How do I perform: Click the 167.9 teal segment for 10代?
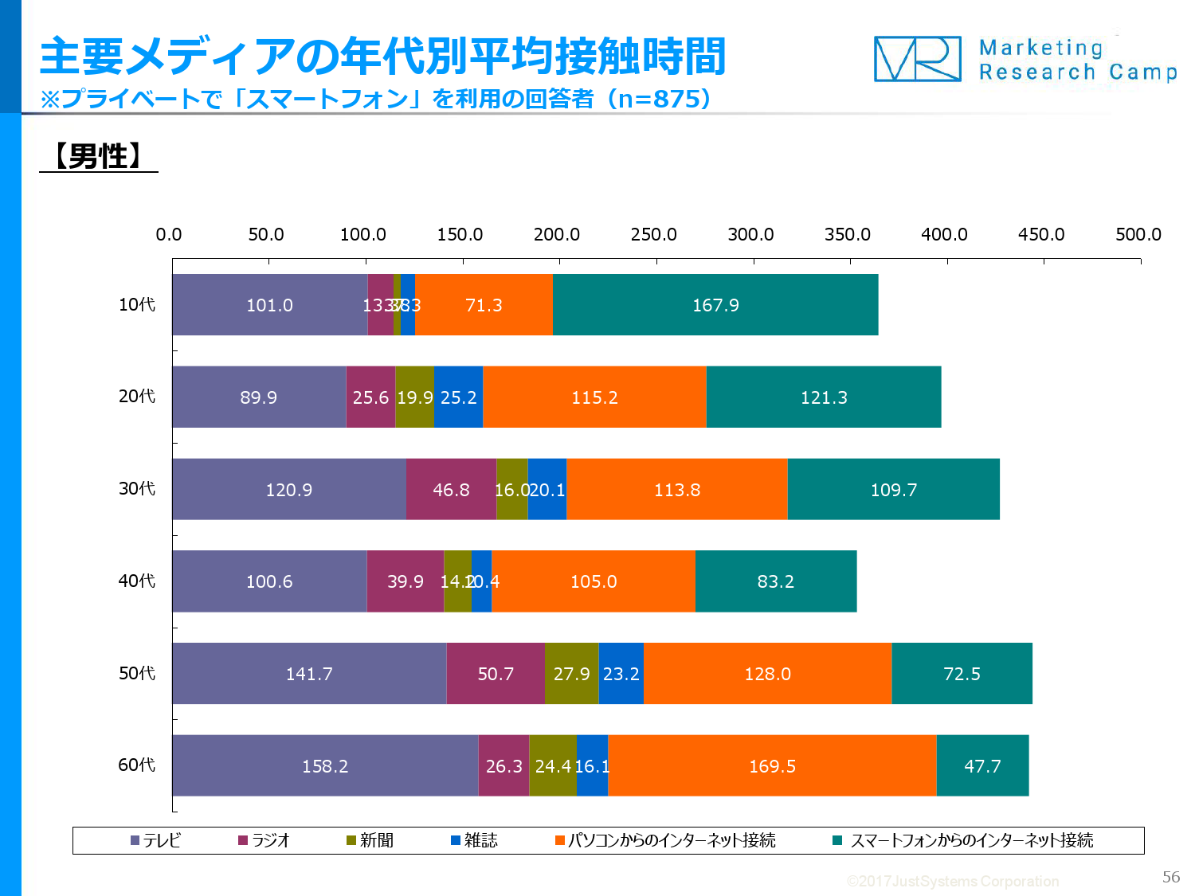(715, 305)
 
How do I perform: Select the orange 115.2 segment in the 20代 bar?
(594, 397)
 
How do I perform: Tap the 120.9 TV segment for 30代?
(288, 490)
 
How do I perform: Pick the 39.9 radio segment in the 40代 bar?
(405, 581)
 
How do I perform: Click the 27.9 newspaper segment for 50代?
(571, 674)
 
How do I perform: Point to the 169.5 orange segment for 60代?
(772, 766)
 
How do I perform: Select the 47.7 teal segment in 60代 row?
(982, 766)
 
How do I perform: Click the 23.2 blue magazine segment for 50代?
(621, 674)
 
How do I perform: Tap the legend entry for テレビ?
(156, 840)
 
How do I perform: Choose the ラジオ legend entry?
(264, 840)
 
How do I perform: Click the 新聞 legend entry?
(370, 840)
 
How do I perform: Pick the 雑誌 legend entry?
(475, 840)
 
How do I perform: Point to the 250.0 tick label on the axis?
(653, 234)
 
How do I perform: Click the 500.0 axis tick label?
(1138, 234)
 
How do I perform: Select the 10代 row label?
(137, 305)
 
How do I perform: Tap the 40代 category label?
(137, 581)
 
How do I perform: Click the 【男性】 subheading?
(99, 156)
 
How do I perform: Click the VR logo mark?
(917, 59)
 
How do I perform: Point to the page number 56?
(1170, 877)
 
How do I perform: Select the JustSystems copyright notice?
(953, 881)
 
